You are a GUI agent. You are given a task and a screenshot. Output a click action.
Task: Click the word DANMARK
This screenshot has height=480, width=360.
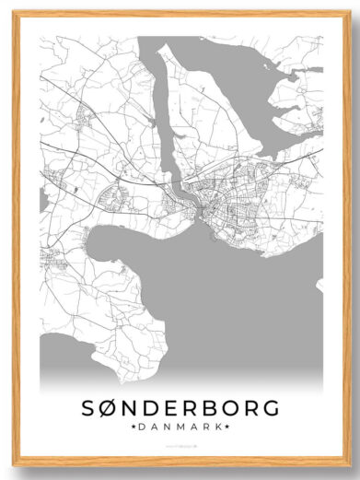(180, 428)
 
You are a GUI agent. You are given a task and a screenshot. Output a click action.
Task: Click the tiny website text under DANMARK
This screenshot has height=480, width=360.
(180, 445)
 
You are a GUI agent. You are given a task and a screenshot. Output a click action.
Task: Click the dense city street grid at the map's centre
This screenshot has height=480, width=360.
(221, 207)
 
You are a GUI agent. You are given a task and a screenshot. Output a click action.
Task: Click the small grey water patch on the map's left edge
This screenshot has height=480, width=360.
(42, 199)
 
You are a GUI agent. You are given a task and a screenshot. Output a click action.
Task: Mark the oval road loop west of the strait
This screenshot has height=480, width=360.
(117, 195)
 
